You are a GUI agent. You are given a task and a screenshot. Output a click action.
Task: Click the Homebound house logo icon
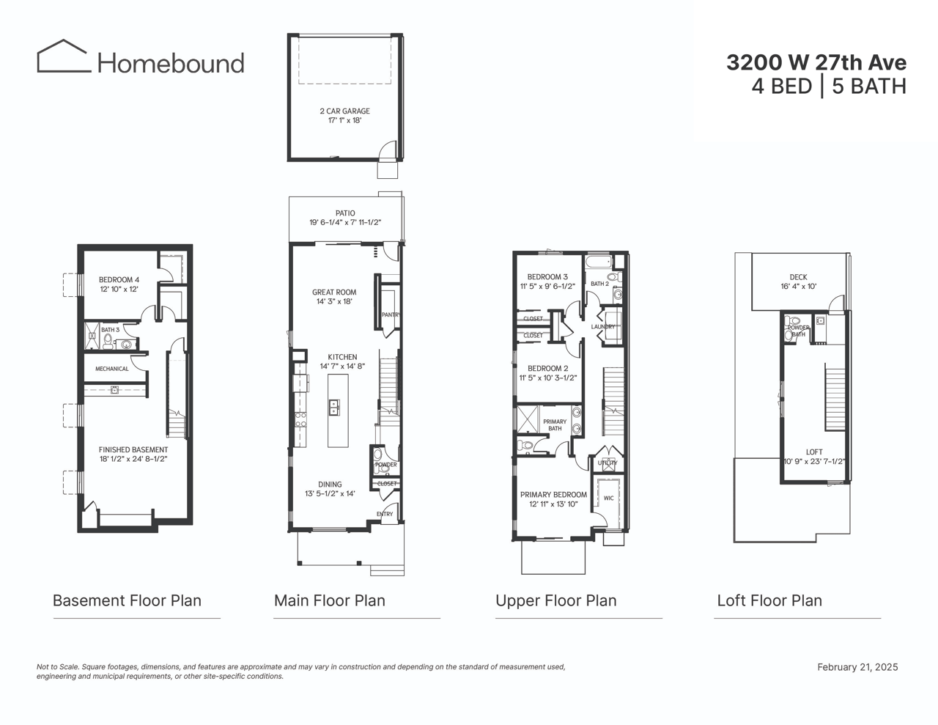tap(62, 56)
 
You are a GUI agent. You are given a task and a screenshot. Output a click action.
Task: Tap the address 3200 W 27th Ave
tap(816, 63)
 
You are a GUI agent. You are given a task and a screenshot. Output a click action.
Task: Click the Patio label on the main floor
tap(344, 213)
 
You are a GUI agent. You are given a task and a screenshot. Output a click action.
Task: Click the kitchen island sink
tap(334, 407)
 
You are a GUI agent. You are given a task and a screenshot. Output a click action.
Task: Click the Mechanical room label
tap(111, 369)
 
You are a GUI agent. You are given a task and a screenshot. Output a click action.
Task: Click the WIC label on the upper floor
tap(608, 498)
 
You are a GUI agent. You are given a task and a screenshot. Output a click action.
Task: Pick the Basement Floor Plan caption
tap(127, 600)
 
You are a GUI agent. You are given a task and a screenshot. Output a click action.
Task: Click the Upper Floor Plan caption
tap(555, 600)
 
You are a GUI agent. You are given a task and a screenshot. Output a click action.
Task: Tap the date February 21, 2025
tap(857, 667)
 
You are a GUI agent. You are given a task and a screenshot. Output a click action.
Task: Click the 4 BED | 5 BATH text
tap(829, 87)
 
